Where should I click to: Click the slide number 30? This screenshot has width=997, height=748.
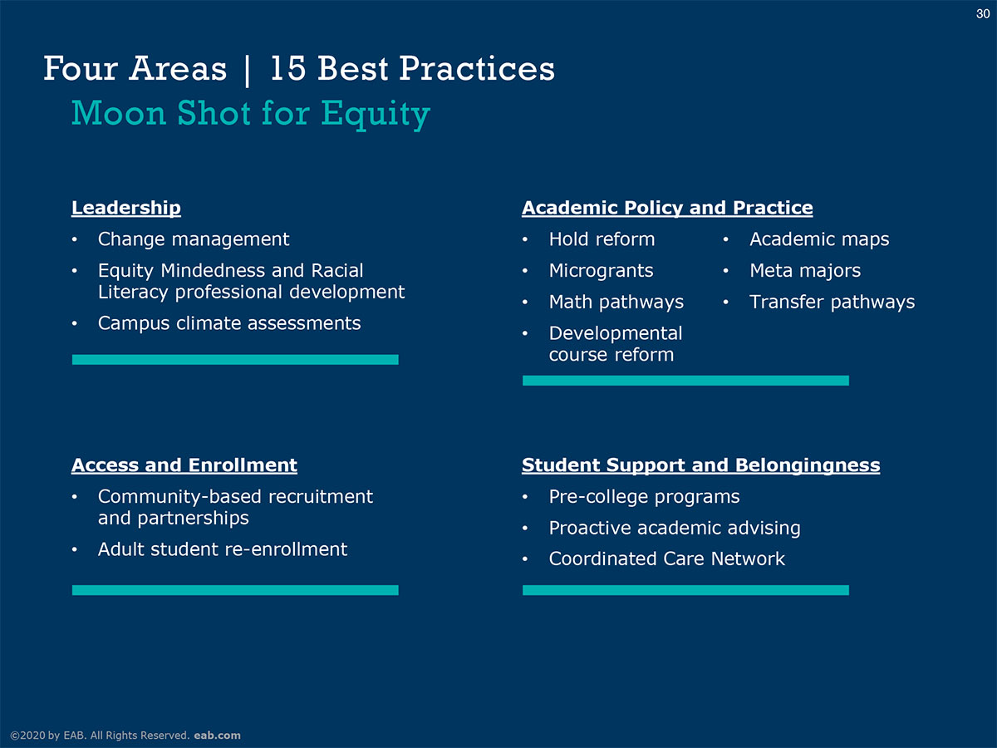[x=983, y=13]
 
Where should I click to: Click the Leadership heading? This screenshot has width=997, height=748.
[x=126, y=208]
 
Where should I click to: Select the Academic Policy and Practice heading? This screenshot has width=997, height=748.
[x=667, y=208]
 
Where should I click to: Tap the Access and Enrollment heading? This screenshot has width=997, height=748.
[x=184, y=465]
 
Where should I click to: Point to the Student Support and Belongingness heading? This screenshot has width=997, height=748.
[x=701, y=465]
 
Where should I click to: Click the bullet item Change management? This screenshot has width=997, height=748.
[x=194, y=239]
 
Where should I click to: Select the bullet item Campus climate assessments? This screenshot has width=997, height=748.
[x=229, y=323]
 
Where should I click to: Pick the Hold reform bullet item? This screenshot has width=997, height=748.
[x=602, y=239]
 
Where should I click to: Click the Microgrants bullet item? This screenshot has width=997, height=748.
[x=601, y=271]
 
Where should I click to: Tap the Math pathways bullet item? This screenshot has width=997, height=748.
[x=616, y=302]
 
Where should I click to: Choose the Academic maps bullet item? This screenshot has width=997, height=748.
[x=819, y=239]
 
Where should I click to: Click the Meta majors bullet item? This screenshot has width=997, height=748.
[x=805, y=271]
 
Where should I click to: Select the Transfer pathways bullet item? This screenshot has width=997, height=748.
[x=832, y=302]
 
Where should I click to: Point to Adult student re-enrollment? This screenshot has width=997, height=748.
[x=223, y=549]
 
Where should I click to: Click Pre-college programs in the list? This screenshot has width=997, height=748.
[x=644, y=497]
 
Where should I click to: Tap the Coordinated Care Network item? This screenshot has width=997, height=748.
[x=667, y=559]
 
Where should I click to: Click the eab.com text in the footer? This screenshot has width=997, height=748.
[x=217, y=736]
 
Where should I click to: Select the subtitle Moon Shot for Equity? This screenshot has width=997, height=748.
[x=251, y=114]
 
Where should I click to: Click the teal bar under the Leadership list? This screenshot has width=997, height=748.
[x=235, y=360]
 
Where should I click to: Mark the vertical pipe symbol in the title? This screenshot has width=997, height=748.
[x=247, y=71]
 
